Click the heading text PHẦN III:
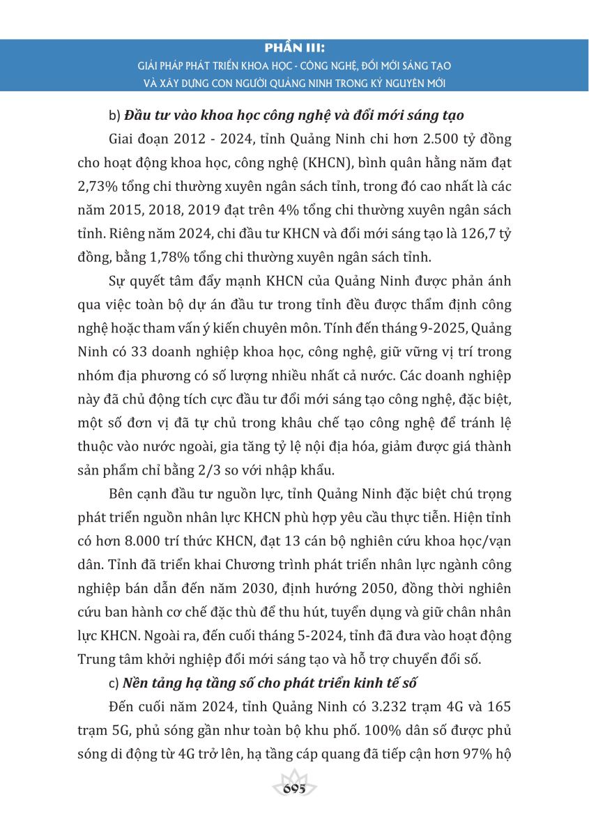(295, 50)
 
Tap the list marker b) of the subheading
(115, 114)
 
